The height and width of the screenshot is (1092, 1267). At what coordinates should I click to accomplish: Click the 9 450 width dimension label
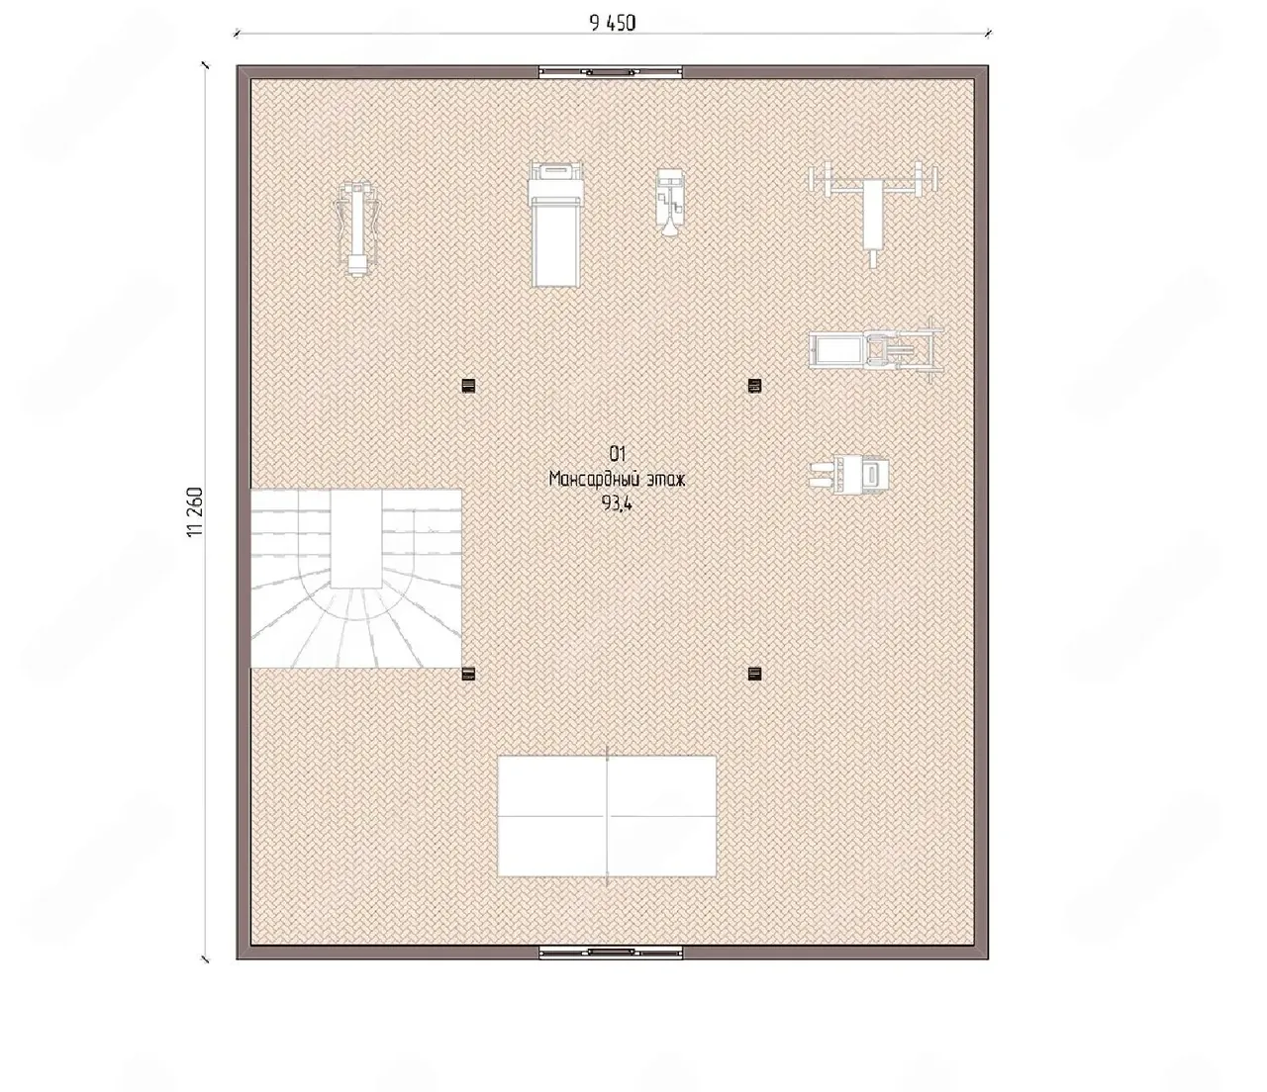[613, 24]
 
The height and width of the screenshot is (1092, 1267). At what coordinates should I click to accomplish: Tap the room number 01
[617, 454]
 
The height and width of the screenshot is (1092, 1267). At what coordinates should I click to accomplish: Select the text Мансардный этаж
[617, 479]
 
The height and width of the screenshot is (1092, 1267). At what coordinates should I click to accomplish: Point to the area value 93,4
[617, 503]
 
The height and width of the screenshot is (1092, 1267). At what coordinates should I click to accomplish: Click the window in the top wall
[611, 71]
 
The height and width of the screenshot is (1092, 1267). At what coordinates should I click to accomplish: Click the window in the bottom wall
[611, 952]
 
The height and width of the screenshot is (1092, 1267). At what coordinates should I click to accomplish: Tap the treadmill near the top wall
[555, 224]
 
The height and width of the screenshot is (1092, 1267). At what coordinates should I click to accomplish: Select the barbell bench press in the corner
[872, 215]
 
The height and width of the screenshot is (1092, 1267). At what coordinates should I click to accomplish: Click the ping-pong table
[607, 816]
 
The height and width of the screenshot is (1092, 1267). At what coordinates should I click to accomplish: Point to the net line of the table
[607, 816]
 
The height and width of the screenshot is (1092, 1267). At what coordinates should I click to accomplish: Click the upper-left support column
[468, 385]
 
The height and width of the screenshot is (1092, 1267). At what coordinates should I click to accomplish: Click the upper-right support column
[754, 385]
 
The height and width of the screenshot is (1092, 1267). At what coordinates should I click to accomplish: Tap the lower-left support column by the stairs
[468, 675]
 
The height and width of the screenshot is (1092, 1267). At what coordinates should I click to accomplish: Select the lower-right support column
[754, 675]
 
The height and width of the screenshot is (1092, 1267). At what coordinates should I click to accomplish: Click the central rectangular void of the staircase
[356, 538]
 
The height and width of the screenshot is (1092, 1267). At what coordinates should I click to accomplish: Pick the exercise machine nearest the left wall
[357, 229]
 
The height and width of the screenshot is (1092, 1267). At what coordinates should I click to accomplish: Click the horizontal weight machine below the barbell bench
[875, 350]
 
